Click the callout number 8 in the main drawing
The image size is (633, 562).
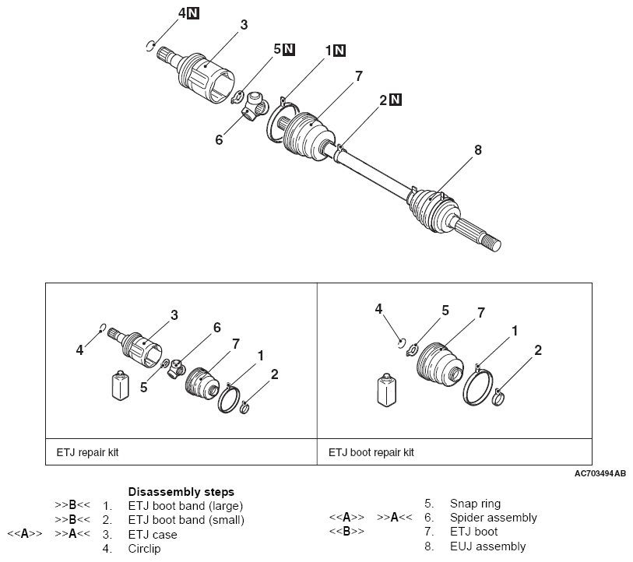coord(477,149)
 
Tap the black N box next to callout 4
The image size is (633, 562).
coord(193,13)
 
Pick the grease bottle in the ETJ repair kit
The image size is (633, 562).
coord(120,385)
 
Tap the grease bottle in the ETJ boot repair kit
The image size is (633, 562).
coord(386,390)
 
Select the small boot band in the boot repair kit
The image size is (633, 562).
coord(498,396)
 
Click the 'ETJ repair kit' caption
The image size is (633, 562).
coord(88,452)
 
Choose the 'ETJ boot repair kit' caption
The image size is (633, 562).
coord(371,452)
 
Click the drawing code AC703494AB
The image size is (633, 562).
coord(600,473)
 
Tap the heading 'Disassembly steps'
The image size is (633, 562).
coord(181,492)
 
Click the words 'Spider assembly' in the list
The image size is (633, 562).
coord(494,518)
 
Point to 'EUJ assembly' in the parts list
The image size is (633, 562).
coord(487,546)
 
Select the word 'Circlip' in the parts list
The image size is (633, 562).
coord(144,549)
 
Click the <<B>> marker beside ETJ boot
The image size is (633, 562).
coord(346,532)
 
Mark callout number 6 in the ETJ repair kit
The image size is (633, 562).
coord(216,328)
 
